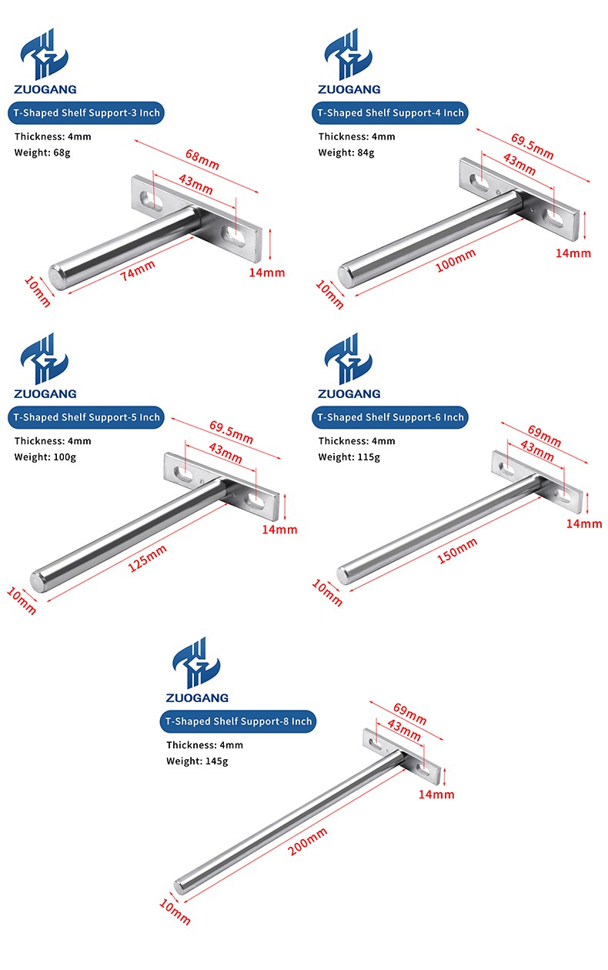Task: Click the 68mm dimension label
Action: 202,159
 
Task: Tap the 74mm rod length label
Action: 137,271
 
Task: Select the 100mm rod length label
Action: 456,260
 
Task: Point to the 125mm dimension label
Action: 147,558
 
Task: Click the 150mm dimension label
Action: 457,551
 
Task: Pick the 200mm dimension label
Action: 308,841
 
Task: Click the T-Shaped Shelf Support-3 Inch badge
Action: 86,113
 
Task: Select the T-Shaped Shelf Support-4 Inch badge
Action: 390,113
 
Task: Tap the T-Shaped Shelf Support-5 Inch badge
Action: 86,417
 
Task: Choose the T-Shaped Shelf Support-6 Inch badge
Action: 390,417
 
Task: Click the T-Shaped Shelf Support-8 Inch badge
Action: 238,721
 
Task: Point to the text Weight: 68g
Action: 42,153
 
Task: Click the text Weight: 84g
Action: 346,153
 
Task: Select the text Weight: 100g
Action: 45,457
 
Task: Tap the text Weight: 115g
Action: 349,457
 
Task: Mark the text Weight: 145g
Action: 198,761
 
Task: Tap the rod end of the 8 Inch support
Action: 179,887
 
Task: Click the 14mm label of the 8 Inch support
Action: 436,794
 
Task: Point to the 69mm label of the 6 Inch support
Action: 544,436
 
